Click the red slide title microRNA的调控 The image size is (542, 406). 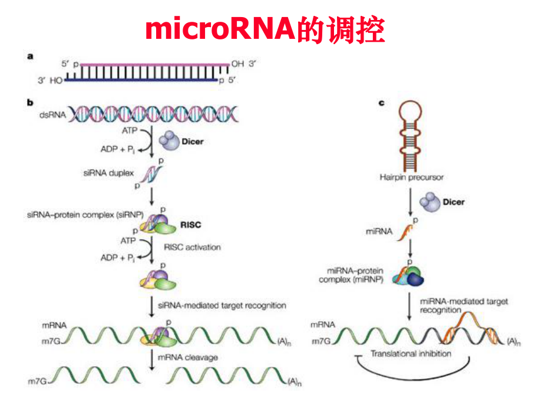[265, 30]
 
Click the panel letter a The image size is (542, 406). [30, 56]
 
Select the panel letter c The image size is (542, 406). [381, 102]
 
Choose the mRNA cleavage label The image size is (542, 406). [188, 357]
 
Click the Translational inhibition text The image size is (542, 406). [411, 354]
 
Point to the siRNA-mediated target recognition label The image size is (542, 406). [223, 305]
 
